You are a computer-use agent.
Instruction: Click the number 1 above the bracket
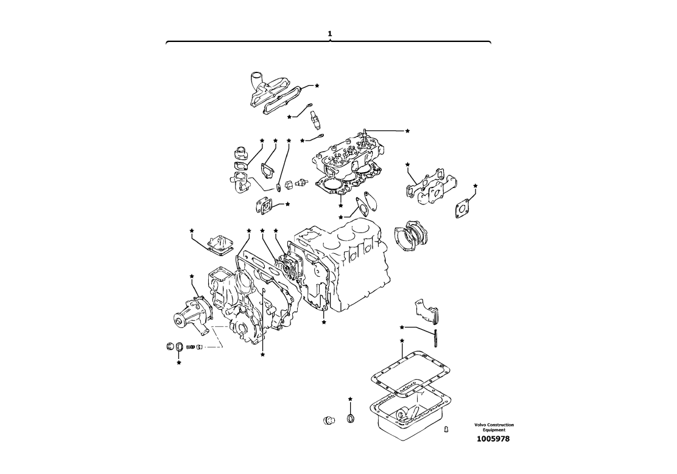click(330, 33)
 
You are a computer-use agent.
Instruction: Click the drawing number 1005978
click(493, 439)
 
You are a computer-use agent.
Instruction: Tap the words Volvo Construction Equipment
click(494, 427)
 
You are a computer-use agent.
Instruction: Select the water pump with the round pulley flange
click(192, 315)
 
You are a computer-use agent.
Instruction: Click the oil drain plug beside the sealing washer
click(329, 420)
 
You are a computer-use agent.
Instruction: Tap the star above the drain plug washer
click(350, 399)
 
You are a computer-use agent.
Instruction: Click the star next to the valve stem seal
click(407, 130)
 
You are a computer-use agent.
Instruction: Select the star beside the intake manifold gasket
click(317, 85)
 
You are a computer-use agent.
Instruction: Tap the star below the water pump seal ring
click(179, 363)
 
